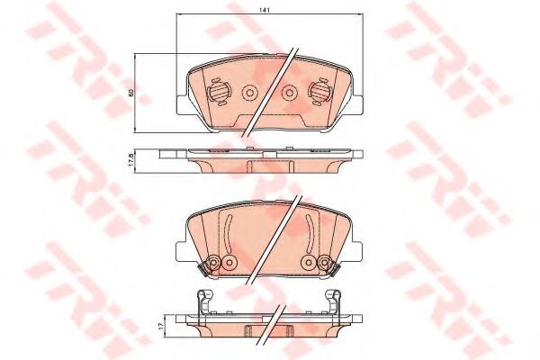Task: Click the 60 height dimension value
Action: point(130,92)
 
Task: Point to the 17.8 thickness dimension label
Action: point(130,160)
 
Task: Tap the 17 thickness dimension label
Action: point(159,325)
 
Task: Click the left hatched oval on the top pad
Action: point(219,92)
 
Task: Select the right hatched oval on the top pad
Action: point(319,92)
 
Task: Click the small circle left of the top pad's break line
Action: point(249,93)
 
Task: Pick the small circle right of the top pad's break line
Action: point(289,93)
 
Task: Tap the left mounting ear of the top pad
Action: point(182,104)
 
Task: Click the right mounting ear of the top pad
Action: point(356,104)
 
